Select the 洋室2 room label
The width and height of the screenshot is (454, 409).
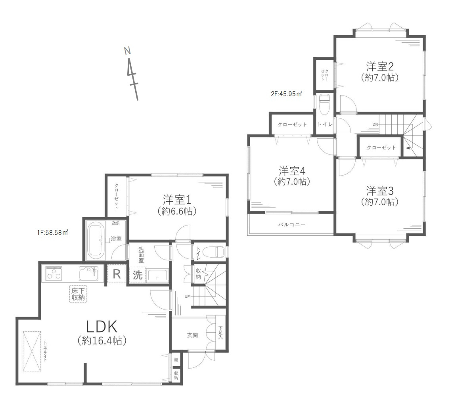379,66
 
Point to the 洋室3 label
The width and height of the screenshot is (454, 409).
379,191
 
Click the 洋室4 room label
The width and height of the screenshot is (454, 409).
291,171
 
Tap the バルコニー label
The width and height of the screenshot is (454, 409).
291,224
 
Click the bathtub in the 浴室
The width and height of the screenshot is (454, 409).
96,240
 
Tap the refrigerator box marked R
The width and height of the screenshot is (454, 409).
117,275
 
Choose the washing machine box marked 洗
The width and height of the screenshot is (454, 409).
137,275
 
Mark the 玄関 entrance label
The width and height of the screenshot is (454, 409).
193,335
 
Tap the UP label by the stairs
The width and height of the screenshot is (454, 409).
186,296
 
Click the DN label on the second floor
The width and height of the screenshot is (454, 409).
375,124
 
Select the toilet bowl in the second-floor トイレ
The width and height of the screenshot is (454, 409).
325,104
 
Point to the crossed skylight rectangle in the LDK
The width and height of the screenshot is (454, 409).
32,351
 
